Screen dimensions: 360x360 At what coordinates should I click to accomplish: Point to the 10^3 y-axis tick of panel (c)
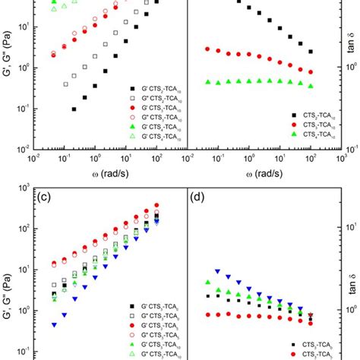point(24,188)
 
